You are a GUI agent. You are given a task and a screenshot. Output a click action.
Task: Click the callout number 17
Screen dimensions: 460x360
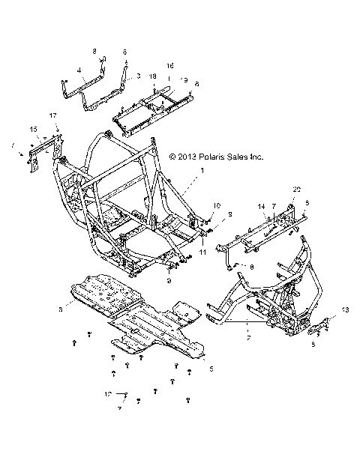tap(52, 116)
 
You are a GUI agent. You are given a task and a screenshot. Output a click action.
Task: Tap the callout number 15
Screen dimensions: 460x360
tap(33, 130)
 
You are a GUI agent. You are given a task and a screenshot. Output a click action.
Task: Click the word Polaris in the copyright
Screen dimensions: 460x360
tap(219, 157)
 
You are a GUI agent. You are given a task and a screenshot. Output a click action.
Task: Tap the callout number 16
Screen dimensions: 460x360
tap(169, 65)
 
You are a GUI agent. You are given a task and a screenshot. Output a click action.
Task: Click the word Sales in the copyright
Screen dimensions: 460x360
tap(247, 157)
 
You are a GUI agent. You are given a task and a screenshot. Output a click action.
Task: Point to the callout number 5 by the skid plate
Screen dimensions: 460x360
tap(211, 369)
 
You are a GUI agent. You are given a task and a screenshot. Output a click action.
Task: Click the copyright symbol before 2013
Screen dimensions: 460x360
tap(173, 157)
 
